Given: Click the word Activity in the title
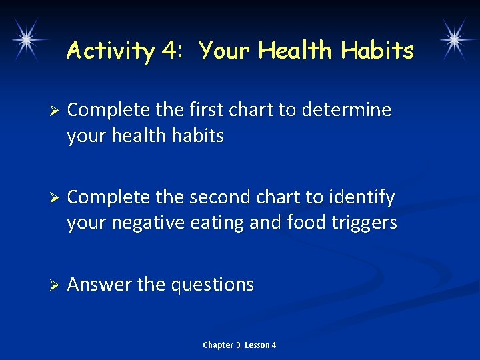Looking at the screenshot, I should [x=111, y=51].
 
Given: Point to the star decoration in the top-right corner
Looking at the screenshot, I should [x=453, y=38].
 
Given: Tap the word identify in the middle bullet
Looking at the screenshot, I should [x=361, y=198].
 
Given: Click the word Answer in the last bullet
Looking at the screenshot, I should [x=99, y=285].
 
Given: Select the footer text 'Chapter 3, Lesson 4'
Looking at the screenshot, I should [x=239, y=345].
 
